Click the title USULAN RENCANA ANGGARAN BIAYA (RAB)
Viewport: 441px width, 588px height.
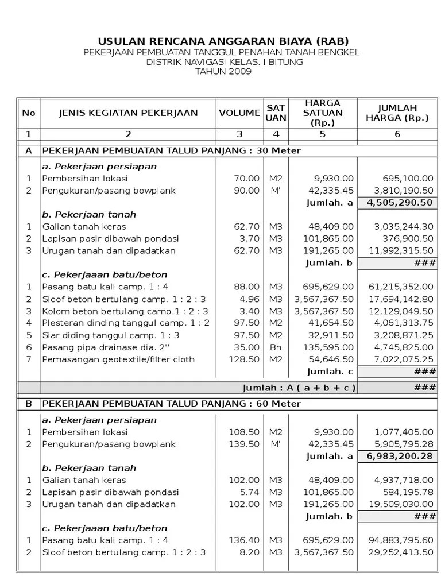(223, 41)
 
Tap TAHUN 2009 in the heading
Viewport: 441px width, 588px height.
(223, 71)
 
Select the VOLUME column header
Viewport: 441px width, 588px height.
(239, 113)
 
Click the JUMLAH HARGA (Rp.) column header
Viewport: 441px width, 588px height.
(397, 113)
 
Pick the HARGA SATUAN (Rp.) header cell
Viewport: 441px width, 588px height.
(323, 113)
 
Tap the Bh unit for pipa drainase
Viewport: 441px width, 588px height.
(276, 347)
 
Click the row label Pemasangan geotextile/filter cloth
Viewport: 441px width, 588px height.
(118, 359)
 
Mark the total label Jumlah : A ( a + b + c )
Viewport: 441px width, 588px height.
(299, 388)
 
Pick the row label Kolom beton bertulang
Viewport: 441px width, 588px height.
(123, 311)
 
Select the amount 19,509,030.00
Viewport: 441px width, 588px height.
(400, 504)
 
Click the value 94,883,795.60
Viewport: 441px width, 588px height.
(400, 540)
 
